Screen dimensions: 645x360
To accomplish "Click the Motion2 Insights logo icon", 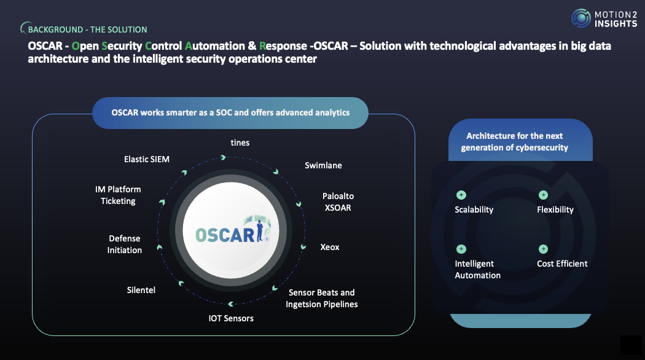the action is click(581, 18).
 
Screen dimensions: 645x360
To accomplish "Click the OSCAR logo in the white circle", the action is click(232, 230).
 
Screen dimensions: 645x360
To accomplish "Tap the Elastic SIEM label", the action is click(146, 159).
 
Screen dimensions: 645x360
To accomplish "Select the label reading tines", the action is click(240, 143).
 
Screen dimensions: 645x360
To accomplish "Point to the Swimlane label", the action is click(323, 165).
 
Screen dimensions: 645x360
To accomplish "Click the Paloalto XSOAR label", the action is click(338, 202).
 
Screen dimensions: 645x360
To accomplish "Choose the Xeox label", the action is click(330, 247).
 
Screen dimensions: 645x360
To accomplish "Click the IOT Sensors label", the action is click(231, 318).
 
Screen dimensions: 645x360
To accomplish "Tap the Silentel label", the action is click(141, 290).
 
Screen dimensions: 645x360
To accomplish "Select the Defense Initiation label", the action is click(125, 245).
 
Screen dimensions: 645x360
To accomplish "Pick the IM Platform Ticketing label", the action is click(118, 195).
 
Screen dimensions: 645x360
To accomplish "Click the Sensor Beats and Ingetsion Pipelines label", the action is click(322, 299).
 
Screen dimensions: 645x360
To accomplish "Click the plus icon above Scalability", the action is click(461, 195).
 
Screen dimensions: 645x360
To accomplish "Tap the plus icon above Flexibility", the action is click(544, 195).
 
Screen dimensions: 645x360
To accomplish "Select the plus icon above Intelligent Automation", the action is click(461, 249).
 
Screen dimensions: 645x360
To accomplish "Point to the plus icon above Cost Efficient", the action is click(544, 249).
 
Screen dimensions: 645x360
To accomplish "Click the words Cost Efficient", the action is click(562, 264).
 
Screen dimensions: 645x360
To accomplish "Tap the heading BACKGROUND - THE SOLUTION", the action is click(88, 29).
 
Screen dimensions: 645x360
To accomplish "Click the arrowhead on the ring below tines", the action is click(223, 158).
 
